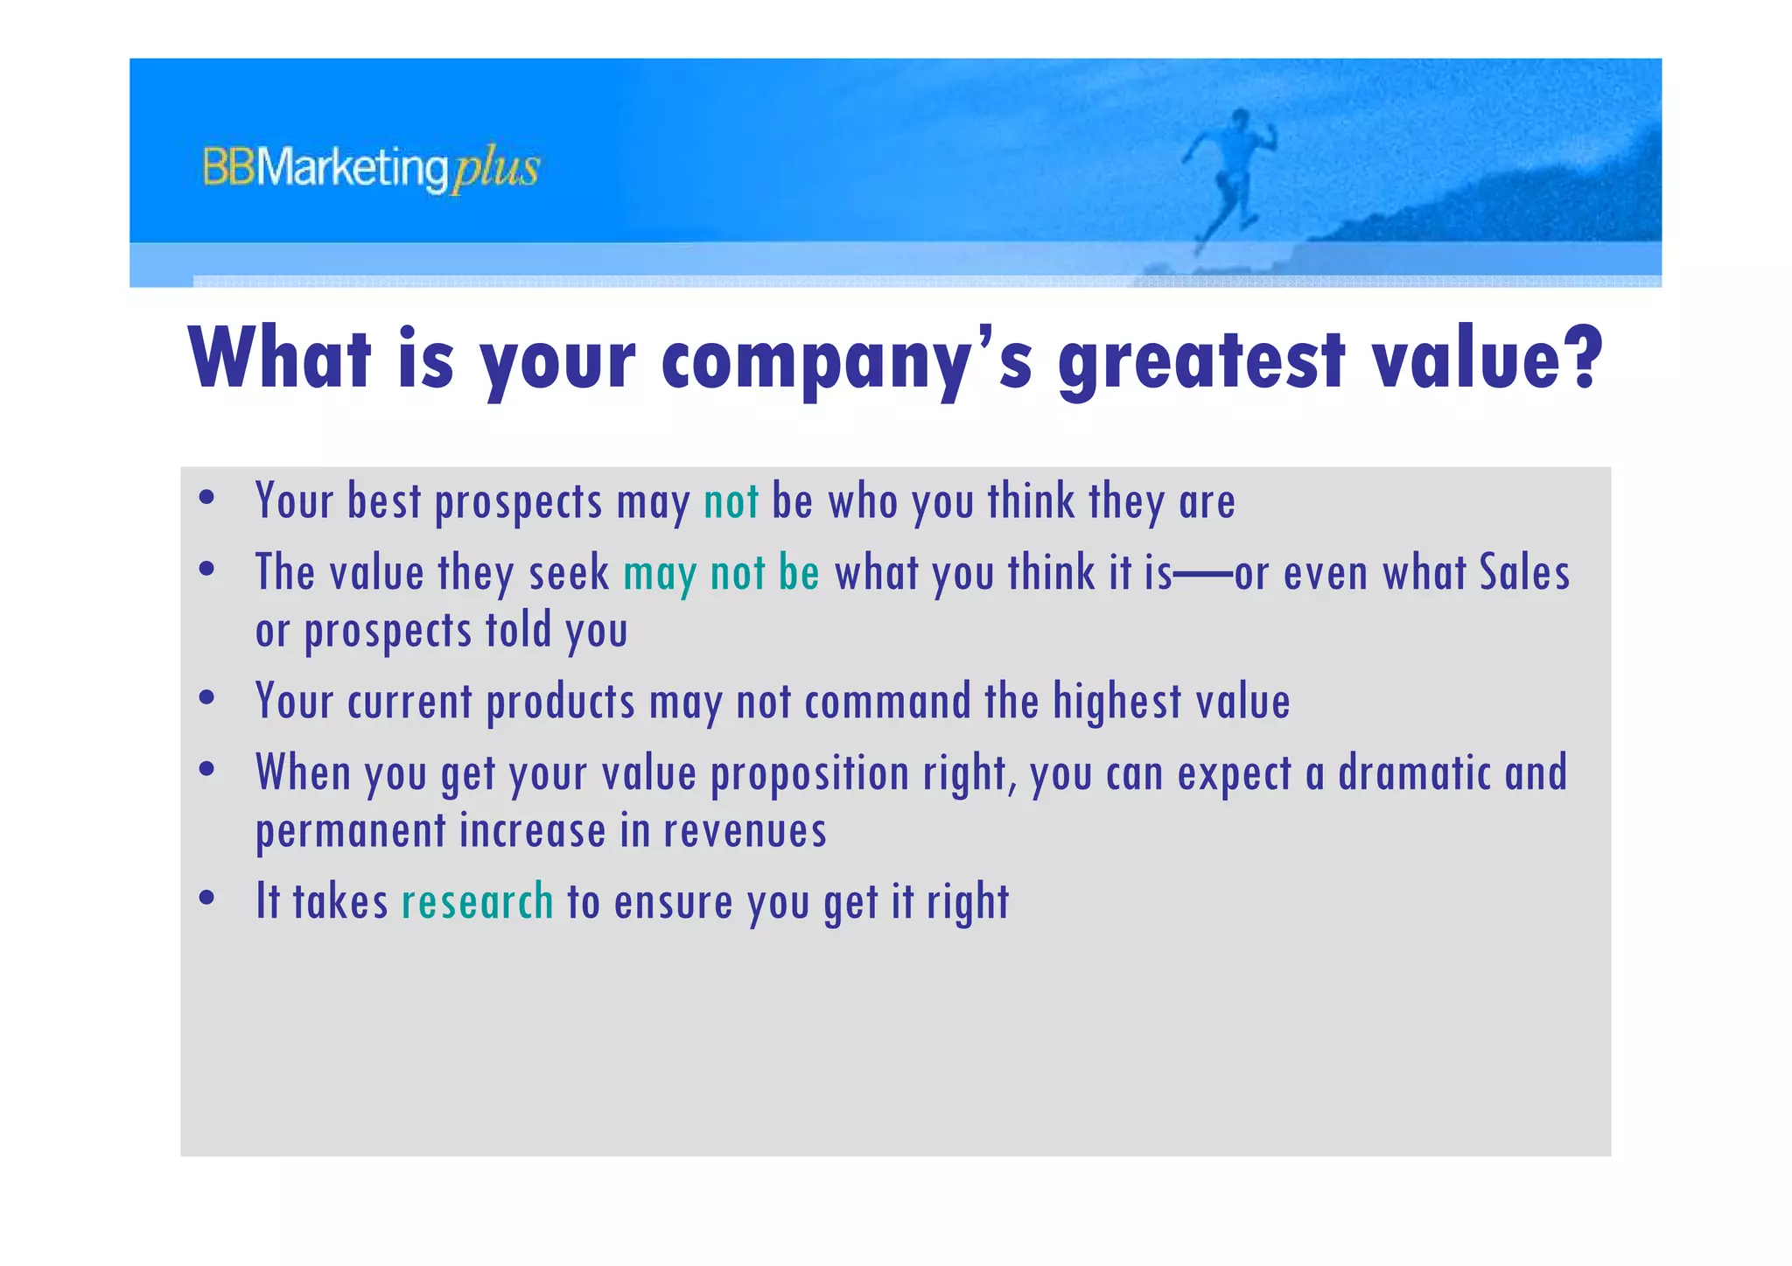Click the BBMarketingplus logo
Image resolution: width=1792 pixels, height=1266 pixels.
[x=371, y=169]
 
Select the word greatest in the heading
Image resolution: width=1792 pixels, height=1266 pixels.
[x=1200, y=360]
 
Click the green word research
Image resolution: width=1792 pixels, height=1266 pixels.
[x=477, y=902]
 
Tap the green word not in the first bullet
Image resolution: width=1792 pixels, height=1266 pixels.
[x=731, y=502]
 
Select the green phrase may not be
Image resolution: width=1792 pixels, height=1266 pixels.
[x=721, y=574]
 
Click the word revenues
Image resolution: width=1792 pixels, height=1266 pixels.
[x=745, y=830]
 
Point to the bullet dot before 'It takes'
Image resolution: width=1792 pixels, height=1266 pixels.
[x=207, y=899]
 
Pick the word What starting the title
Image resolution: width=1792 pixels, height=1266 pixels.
[x=280, y=359]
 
